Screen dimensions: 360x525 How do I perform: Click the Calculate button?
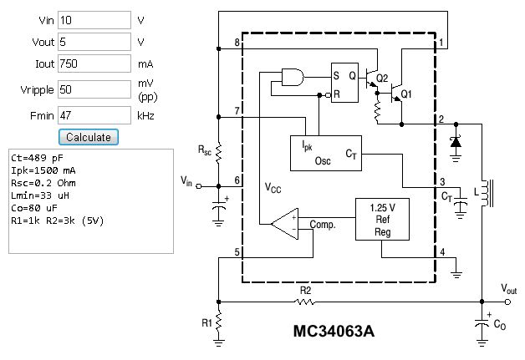[x=89, y=136]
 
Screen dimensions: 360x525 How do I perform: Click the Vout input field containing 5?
[x=94, y=42]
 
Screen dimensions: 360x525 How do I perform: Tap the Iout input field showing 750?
[x=94, y=63]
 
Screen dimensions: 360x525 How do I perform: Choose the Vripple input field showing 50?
[x=94, y=89]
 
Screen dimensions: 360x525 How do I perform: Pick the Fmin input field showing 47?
[x=94, y=115]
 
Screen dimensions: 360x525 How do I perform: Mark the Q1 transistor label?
[x=405, y=94]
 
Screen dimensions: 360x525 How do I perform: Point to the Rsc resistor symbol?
[x=218, y=153]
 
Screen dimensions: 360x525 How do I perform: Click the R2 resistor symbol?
[x=306, y=300]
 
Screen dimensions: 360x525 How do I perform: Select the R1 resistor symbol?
[x=218, y=322]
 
